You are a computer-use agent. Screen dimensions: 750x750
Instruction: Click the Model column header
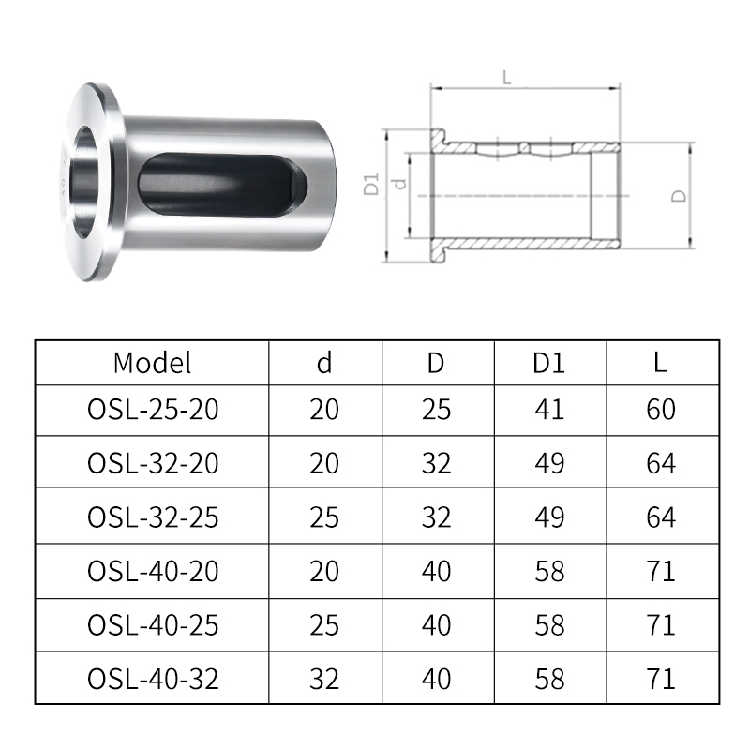[152, 363]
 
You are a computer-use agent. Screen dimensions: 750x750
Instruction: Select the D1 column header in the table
[549, 363]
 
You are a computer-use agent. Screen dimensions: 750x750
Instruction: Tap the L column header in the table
[661, 363]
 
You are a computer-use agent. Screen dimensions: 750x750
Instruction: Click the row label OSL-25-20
[153, 410]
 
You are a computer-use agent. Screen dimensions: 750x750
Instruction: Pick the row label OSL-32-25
[153, 517]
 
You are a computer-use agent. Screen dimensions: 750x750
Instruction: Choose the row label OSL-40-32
[153, 679]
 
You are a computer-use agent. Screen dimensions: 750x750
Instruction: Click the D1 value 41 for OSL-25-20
[549, 410]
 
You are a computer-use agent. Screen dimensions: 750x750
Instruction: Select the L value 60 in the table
[661, 410]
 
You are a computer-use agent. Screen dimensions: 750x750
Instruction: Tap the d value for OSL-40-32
[324, 679]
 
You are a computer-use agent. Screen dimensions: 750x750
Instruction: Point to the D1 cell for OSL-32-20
[549, 463]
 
